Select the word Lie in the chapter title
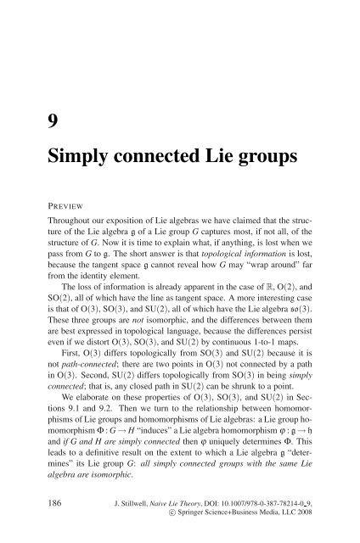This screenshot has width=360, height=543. point(233,148)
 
